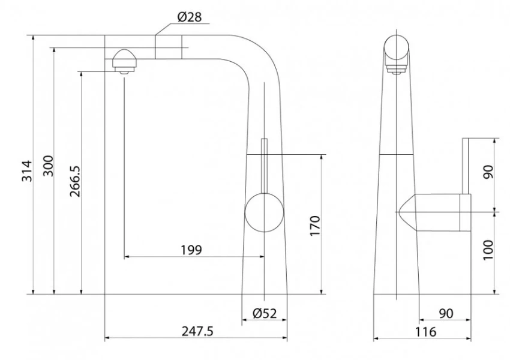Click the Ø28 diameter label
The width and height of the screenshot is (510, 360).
190,17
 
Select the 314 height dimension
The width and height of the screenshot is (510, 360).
27,171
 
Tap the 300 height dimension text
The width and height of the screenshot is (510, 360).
48,166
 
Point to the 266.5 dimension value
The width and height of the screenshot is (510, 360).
75,181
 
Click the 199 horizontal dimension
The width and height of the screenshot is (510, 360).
191,250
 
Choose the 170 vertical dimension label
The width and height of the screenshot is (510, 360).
315,226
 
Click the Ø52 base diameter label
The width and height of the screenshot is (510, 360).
265,313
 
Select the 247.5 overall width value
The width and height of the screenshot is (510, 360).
197,331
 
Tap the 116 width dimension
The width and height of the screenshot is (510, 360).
425,332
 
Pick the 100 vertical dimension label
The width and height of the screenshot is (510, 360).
488,250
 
